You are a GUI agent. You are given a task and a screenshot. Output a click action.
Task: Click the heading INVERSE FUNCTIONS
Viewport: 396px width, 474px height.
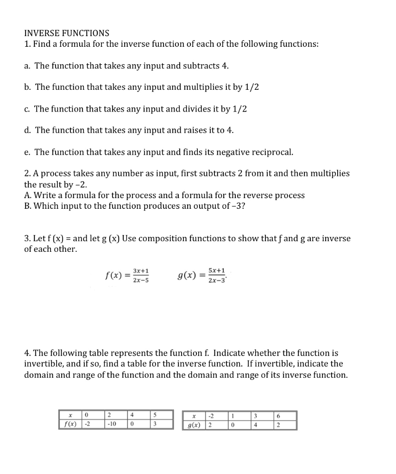(67, 33)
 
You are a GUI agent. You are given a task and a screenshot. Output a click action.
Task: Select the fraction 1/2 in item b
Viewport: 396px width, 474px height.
(251, 87)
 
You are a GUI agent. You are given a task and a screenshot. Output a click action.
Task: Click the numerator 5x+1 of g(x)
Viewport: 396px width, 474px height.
(217, 271)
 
